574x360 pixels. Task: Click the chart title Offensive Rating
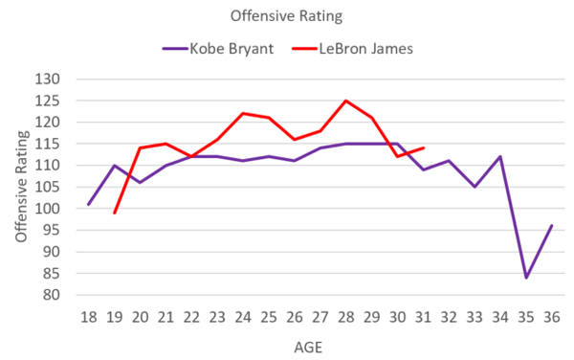point(286,15)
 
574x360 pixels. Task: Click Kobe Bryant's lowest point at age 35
point(526,278)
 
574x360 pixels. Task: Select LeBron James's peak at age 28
point(346,101)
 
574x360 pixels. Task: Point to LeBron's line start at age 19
point(114,213)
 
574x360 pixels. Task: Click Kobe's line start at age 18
point(88,204)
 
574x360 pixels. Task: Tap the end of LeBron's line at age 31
point(424,148)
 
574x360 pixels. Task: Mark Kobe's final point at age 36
point(552,226)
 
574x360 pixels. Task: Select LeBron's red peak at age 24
point(243,113)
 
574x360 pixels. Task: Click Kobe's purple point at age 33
point(475,187)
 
